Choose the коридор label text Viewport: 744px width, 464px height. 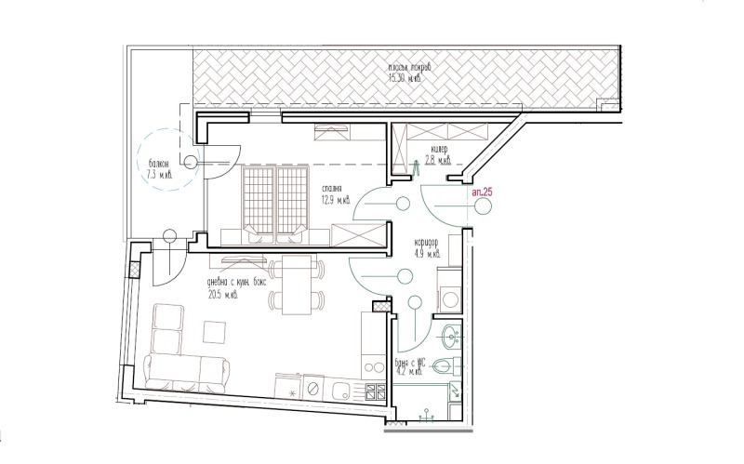432,240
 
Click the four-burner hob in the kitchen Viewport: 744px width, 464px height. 376,391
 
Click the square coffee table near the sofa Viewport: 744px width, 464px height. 216,332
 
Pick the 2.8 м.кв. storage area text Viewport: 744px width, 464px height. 438,160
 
